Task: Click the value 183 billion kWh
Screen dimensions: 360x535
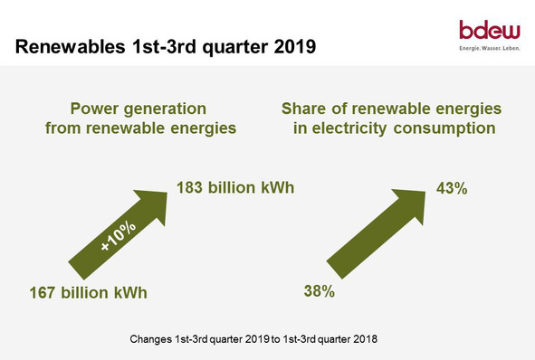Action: pyautogui.click(x=235, y=188)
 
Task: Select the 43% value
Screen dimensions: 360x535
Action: pyautogui.click(x=450, y=189)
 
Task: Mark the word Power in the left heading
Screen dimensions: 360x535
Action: pyautogui.click(x=98, y=109)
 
